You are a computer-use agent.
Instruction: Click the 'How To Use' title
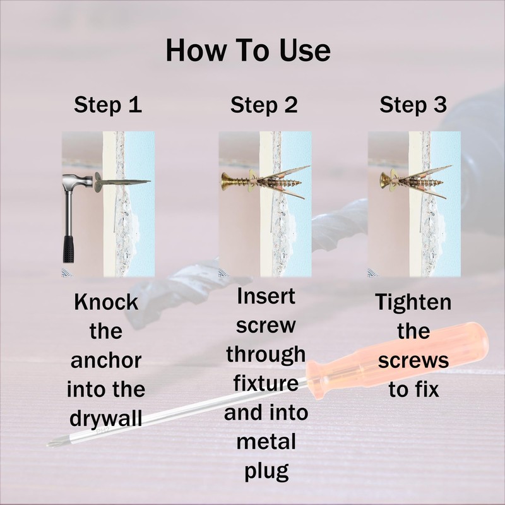[x=248, y=50]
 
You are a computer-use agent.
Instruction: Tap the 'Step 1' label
[x=108, y=105]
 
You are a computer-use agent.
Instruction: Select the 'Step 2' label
[x=264, y=105]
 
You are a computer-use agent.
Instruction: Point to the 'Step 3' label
[x=413, y=105]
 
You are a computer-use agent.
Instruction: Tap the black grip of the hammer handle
[x=68, y=249]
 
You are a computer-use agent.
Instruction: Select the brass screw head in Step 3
[x=384, y=181]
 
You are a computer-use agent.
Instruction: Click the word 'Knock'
[x=106, y=302]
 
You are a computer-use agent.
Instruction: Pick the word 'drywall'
[x=106, y=419]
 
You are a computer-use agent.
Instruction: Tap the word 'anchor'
[x=106, y=360]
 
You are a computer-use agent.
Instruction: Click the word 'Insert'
[x=266, y=296]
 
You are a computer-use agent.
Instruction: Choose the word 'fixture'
[x=266, y=383]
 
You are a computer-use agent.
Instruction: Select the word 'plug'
[x=266, y=472]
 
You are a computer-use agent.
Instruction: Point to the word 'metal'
[x=266, y=441]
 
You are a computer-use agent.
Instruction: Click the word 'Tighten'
[x=413, y=303]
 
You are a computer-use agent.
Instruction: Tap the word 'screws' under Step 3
[x=413, y=360]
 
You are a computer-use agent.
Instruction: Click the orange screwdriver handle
[x=396, y=360]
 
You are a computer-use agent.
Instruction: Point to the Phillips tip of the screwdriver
[x=52, y=444]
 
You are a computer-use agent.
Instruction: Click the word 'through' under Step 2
[x=266, y=355]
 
